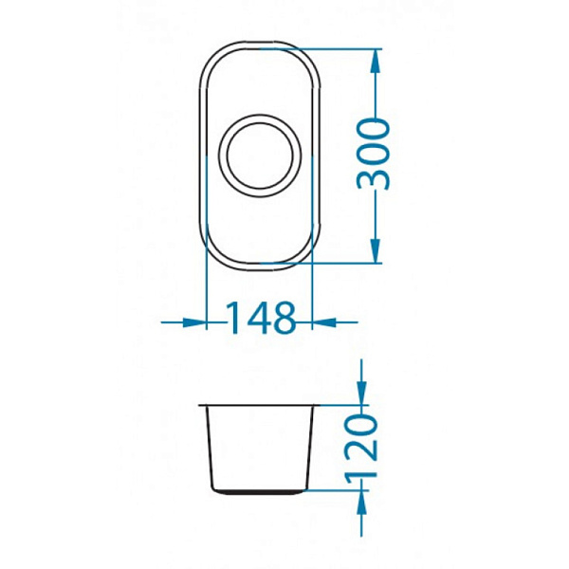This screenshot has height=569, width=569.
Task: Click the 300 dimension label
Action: click(374, 156)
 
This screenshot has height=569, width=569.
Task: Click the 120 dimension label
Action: click(362, 450)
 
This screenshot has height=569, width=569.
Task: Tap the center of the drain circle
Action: click(260, 156)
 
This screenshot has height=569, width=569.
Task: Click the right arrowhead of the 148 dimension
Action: click(323, 321)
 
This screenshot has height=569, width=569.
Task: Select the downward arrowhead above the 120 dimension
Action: click(361, 393)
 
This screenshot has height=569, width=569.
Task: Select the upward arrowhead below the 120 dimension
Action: click(361, 502)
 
